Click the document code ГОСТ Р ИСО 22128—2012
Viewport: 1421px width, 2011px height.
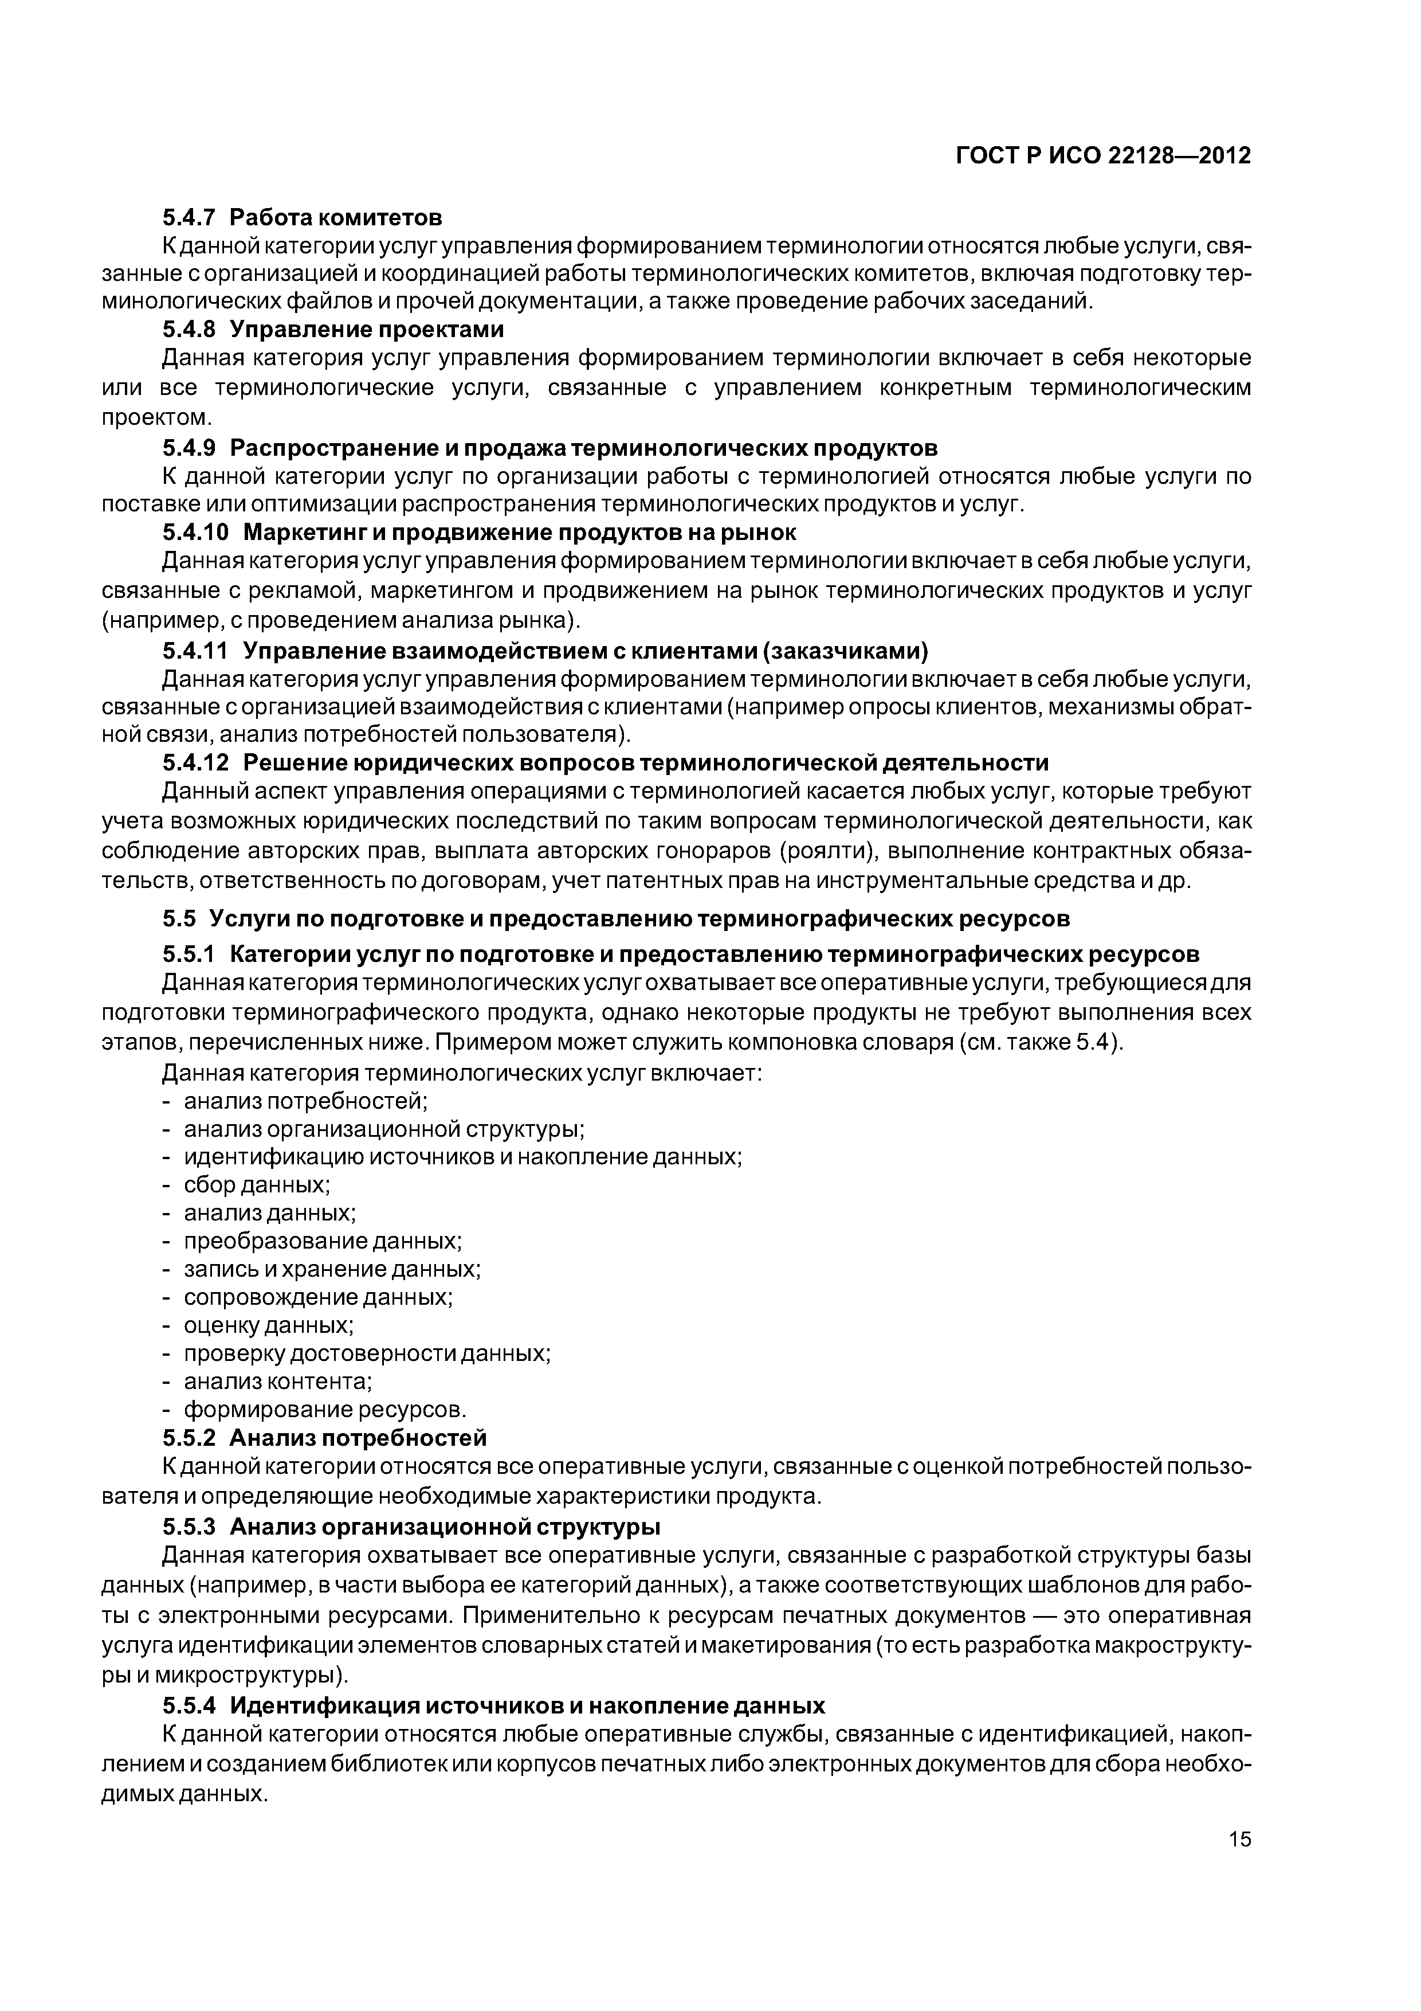[x=1103, y=156]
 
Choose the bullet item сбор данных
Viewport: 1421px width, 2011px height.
[x=257, y=1185]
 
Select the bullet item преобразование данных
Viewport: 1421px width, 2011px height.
[x=322, y=1241]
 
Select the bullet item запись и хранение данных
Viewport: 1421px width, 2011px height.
[x=332, y=1269]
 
